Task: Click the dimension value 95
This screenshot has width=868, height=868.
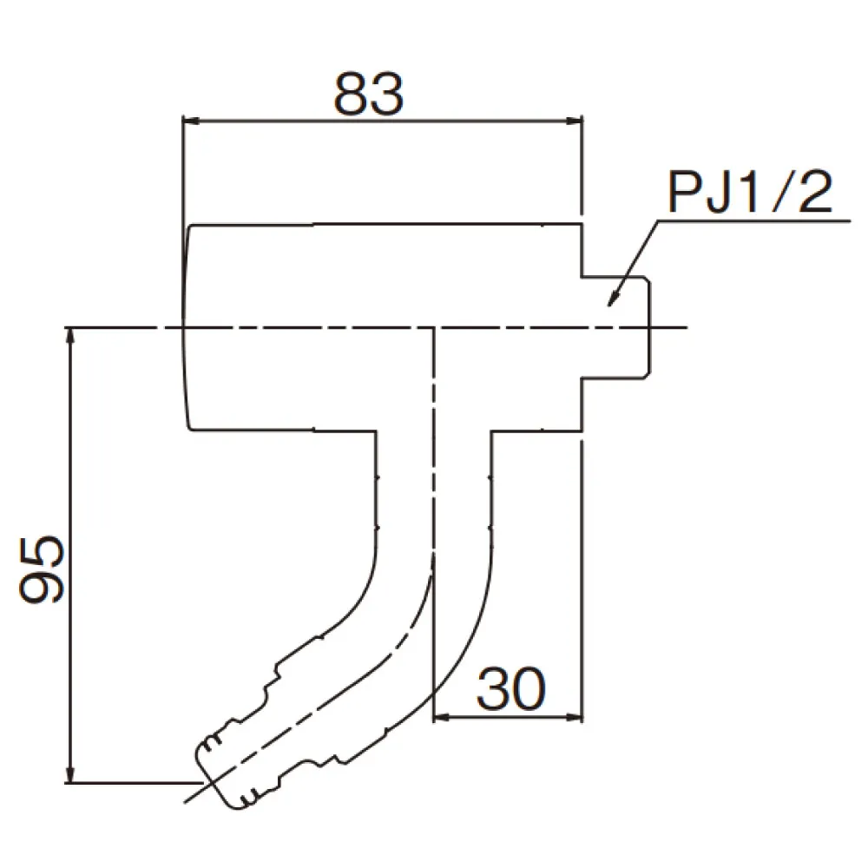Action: [x=43, y=569]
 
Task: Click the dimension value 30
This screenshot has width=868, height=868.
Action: [x=511, y=690]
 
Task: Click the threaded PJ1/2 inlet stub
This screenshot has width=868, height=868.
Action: [x=616, y=327]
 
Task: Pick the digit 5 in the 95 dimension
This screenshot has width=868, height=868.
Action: [x=43, y=552]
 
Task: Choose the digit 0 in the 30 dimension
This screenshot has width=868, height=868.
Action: [x=529, y=690]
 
